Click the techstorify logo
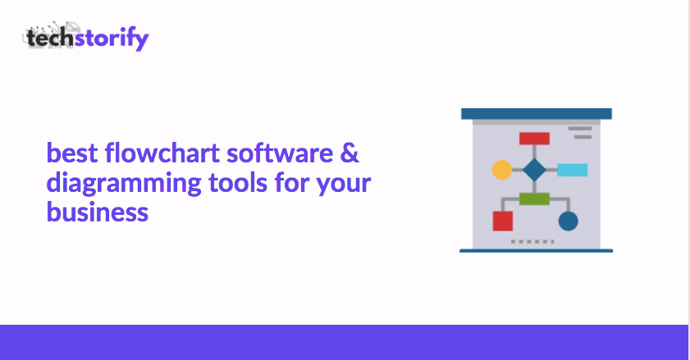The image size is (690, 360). click(x=86, y=36)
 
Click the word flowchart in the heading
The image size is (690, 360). click(x=162, y=153)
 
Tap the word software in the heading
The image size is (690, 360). click(x=280, y=153)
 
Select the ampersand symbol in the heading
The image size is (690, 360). click(x=350, y=153)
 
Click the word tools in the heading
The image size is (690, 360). click(x=238, y=182)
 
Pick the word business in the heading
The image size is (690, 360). click(x=98, y=212)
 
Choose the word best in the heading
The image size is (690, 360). click(x=72, y=153)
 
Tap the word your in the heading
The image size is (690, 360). click(x=344, y=185)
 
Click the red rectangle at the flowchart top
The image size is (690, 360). click(x=534, y=139)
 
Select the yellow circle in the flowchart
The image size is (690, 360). click(x=502, y=170)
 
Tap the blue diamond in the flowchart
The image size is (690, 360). click(x=534, y=170)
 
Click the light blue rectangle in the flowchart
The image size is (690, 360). click(x=573, y=170)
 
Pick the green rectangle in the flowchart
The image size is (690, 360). click(x=534, y=199)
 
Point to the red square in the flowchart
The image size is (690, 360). click(x=503, y=221)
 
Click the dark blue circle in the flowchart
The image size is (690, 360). click(x=568, y=221)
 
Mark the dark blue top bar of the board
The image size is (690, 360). click(x=537, y=114)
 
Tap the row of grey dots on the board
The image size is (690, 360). click(x=532, y=242)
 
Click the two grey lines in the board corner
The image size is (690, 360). click(x=580, y=133)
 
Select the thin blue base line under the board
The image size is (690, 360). click(x=536, y=251)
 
